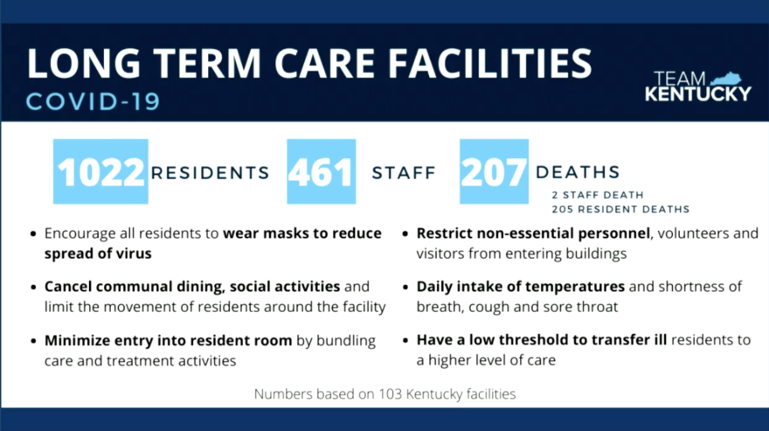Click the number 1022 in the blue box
[x=100, y=172]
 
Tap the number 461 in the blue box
[x=321, y=172]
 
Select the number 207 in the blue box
[x=494, y=172]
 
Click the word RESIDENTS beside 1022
[x=211, y=173]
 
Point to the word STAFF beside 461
[x=404, y=173]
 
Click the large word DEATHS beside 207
[x=578, y=172]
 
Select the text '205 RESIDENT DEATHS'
[x=620, y=209]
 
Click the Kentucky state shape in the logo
[x=726, y=79]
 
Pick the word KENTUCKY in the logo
[x=698, y=94]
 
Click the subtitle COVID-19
[x=94, y=101]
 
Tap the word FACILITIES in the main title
[x=490, y=64]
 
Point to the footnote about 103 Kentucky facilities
[x=385, y=393]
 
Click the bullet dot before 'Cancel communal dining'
[x=33, y=287]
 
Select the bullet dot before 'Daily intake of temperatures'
[x=405, y=287]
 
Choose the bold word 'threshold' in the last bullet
[x=537, y=340]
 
